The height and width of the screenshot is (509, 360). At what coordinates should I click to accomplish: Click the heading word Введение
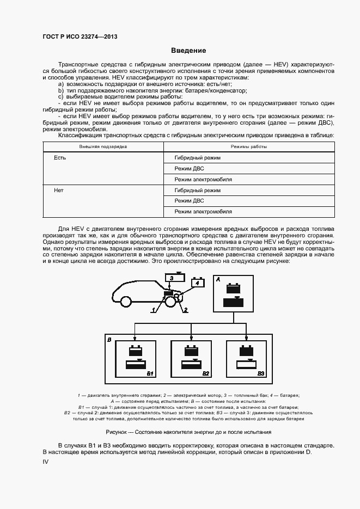click(188, 51)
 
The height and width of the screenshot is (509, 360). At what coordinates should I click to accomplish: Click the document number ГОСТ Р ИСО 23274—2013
click(80, 37)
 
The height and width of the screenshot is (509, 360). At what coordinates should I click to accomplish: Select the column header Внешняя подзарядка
click(103, 147)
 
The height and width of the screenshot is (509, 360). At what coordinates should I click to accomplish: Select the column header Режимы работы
click(248, 147)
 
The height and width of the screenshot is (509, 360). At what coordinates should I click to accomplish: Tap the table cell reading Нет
click(59, 191)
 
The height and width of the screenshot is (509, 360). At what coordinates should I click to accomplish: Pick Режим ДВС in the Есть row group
click(189, 169)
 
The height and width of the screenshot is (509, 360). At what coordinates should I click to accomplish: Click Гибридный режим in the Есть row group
click(197, 158)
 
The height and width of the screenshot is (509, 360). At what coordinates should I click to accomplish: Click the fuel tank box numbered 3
click(171, 278)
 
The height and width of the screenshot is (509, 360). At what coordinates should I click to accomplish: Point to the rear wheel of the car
click(126, 301)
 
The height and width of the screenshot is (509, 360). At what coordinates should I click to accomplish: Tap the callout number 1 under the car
click(154, 310)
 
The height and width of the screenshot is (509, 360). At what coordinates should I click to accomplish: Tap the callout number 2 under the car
click(185, 310)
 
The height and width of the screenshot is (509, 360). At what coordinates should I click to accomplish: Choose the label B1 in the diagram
click(151, 373)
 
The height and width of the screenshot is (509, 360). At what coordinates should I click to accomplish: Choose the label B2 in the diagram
click(206, 373)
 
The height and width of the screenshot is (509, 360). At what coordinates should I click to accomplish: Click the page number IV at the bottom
click(46, 461)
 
